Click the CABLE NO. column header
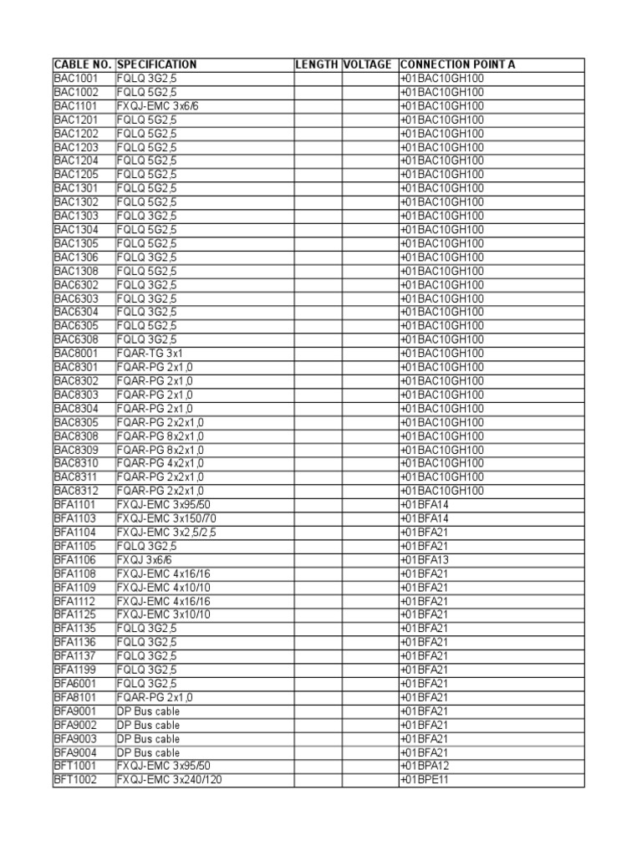click(x=84, y=64)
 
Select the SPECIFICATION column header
click(x=157, y=64)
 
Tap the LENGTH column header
click(x=317, y=64)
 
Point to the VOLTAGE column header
click(x=367, y=64)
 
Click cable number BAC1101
click(x=76, y=106)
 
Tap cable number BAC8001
click(x=76, y=354)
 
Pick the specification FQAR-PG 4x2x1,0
click(x=160, y=463)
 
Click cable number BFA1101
click(x=75, y=505)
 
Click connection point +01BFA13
click(x=425, y=560)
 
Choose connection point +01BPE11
click(x=425, y=780)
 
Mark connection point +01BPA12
click(x=425, y=766)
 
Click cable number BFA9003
click(x=75, y=739)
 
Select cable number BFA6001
click(x=75, y=684)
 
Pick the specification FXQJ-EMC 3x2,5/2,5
click(x=166, y=532)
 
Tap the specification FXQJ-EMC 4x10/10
click(x=164, y=588)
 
